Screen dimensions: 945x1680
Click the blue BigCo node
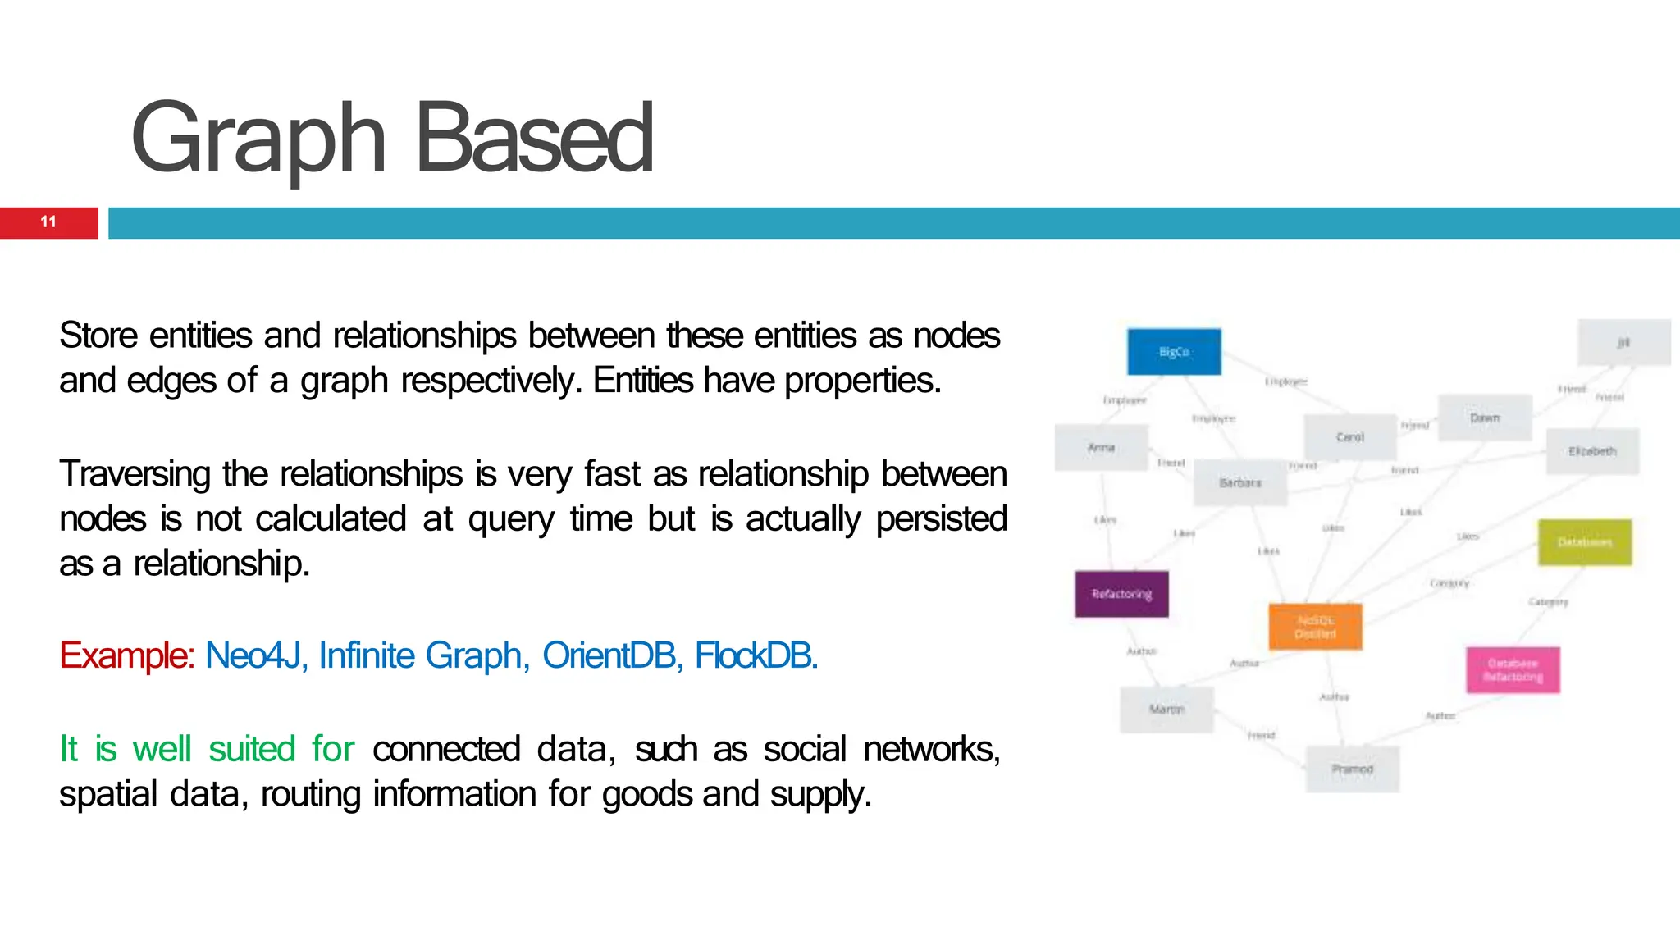click(1174, 352)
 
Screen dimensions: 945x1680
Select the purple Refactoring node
click(1121, 594)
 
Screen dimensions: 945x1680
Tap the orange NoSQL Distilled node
click(1315, 627)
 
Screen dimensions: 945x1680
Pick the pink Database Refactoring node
click(1513, 669)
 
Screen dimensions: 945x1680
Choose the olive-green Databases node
click(1584, 542)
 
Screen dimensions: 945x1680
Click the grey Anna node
click(1101, 448)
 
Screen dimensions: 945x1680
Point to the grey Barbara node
click(1239, 482)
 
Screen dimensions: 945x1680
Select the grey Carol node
click(1349, 437)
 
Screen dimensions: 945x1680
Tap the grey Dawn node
click(1485, 418)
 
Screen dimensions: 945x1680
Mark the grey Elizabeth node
click(1592, 451)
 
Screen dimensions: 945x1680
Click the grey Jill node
click(1623, 342)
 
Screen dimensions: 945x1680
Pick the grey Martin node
click(1166, 709)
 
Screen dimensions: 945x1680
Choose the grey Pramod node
click(1352, 769)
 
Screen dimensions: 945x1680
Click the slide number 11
click(48, 222)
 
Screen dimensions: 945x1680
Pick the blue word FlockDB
click(756, 655)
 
